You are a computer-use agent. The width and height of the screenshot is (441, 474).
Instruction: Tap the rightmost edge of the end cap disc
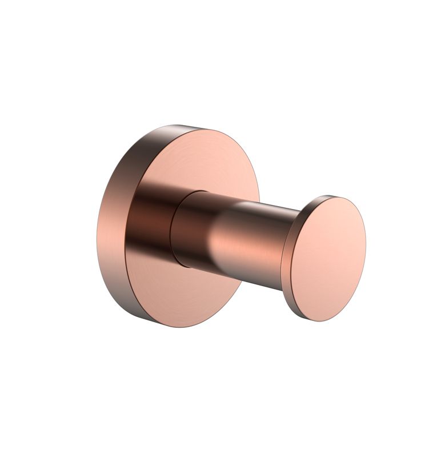pyautogui.click(x=366, y=251)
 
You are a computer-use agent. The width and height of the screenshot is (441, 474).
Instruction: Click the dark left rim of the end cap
pyautogui.click(x=288, y=263)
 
